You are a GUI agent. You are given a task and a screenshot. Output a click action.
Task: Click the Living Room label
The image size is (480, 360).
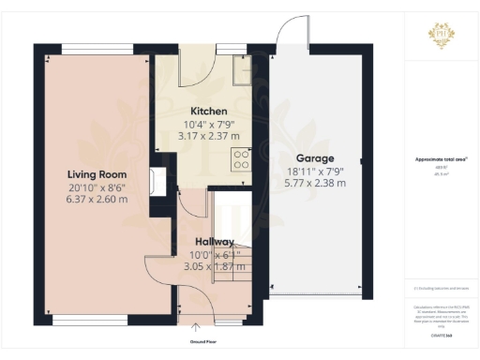[x=91, y=174]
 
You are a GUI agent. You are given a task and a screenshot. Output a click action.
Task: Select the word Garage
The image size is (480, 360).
[x=316, y=158]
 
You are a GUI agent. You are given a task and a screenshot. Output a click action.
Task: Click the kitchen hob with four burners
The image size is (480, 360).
[x=241, y=158]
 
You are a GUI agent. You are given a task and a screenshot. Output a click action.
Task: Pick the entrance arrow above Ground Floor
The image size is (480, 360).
[x=195, y=327]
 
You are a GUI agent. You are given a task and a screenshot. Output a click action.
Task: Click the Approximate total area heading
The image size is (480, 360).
[x=440, y=160]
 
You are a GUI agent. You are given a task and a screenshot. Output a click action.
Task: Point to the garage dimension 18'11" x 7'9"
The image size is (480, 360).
[x=316, y=171]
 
